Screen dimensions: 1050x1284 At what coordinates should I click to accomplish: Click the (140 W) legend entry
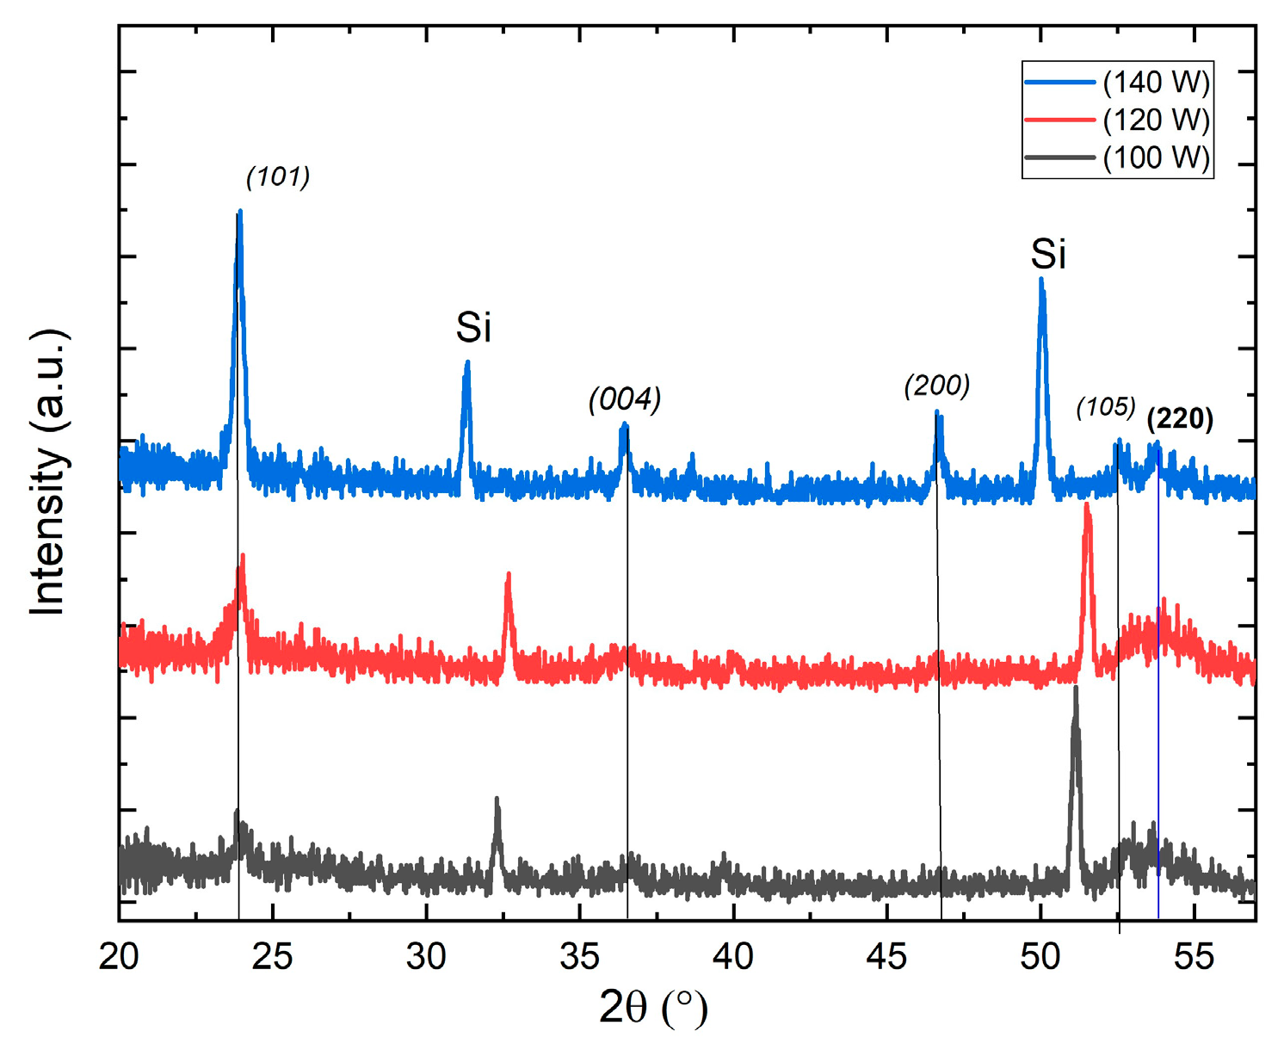(1156, 83)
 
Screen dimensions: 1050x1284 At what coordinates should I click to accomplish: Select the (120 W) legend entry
(1156, 120)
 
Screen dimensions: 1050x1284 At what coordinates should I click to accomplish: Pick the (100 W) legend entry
(1156, 158)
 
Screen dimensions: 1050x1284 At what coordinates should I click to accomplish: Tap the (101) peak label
(277, 177)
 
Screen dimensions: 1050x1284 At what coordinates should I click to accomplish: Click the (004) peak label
(625, 399)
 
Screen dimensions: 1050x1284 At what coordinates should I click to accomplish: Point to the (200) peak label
(936, 386)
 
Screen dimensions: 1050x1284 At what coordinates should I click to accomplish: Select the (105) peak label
(1106, 407)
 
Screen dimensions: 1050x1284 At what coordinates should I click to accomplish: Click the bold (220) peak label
(1180, 419)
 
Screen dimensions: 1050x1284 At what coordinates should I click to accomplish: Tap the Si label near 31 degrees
(473, 328)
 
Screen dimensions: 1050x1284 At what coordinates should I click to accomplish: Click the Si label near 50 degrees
(1048, 255)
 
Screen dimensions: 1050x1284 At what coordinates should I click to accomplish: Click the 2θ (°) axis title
(653, 1008)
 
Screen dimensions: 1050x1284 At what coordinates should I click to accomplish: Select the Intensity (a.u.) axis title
(49, 472)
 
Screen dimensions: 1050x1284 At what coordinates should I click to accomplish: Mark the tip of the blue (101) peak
(239, 211)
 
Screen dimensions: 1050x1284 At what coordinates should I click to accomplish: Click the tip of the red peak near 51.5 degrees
(1087, 505)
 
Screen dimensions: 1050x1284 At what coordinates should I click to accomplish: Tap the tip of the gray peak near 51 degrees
(1075, 689)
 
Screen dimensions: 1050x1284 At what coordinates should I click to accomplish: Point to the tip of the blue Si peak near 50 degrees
(1041, 279)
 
